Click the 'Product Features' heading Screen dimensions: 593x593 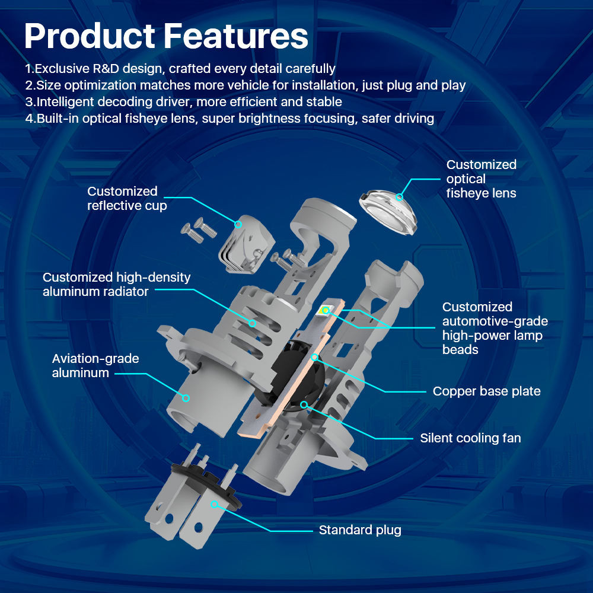[166, 36]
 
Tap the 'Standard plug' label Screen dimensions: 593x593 [360, 530]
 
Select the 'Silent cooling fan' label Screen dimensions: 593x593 [470, 438]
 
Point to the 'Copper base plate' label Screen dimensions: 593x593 [486, 391]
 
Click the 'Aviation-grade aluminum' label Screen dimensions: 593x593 [95, 365]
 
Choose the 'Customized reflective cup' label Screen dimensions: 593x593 [127, 198]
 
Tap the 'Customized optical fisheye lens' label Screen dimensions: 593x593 [481, 178]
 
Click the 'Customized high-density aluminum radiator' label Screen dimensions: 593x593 [116, 284]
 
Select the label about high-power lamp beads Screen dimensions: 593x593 [495, 328]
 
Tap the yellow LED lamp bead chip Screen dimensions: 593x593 [325, 311]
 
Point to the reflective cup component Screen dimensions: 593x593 [247, 244]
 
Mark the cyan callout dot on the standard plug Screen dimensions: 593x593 [214, 504]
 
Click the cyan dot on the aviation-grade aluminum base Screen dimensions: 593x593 [186, 398]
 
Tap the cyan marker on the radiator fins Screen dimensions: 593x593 [252, 323]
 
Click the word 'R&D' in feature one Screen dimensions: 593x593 [106, 68]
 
